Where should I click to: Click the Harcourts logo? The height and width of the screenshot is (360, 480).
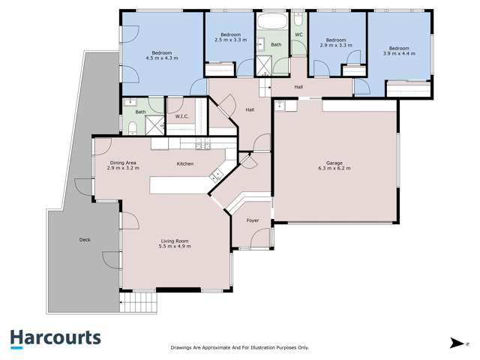(x=55, y=337)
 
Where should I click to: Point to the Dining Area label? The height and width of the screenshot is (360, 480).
(x=123, y=163)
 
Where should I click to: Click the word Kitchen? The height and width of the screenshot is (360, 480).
(x=185, y=163)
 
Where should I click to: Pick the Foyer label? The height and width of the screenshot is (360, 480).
(x=253, y=220)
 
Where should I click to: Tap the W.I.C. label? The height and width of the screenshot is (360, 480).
(x=181, y=116)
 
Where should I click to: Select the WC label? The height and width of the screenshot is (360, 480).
(x=298, y=34)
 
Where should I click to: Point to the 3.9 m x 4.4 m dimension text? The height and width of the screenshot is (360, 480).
(x=398, y=53)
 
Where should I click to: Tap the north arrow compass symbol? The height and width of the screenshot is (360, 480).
(x=456, y=343)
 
